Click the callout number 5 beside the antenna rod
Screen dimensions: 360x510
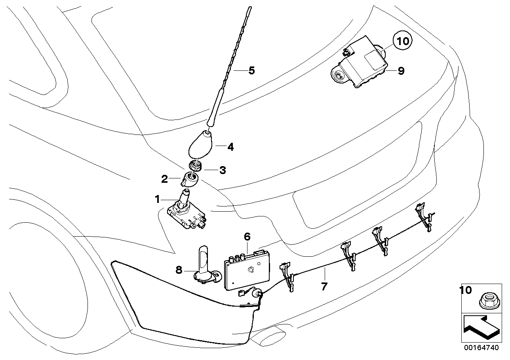coord(251,71)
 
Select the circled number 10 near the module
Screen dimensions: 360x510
coord(402,41)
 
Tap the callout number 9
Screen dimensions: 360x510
coord(401,71)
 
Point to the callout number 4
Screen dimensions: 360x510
coord(230,147)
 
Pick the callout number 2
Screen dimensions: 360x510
coord(165,180)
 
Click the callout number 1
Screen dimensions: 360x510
coord(158,199)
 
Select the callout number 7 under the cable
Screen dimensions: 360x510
coord(324,286)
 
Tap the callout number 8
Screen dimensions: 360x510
coord(179,270)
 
